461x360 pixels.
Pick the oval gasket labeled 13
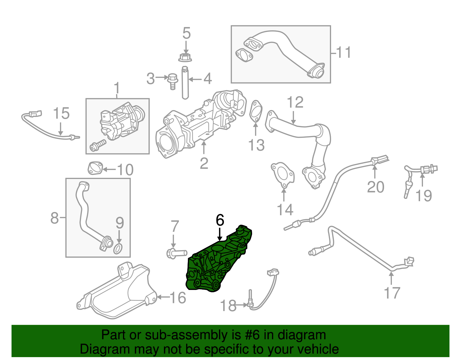coord(256,112)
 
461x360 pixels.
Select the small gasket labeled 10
coord(95,169)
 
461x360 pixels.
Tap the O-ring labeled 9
coord(118,248)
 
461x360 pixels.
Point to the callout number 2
coord(204,163)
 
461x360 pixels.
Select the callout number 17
coord(392,293)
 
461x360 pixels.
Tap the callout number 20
coord(375,187)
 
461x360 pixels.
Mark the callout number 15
coord(61,113)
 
